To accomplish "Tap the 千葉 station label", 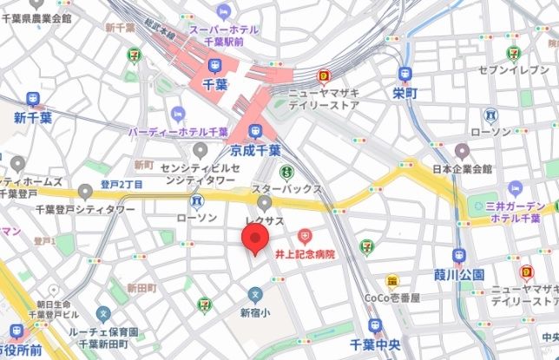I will [214, 84].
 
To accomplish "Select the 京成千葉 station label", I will [256, 149].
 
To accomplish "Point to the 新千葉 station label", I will [32, 117].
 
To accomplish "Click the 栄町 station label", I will [404, 92].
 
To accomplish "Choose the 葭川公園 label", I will [460, 274].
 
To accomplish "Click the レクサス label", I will [264, 221].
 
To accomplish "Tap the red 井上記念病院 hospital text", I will [305, 253].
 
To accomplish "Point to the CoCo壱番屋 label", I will [392, 298].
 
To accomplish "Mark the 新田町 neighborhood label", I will [140, 287].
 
